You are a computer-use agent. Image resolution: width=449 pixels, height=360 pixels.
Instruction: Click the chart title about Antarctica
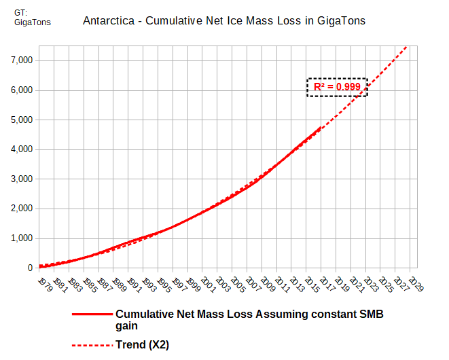click(224, 21)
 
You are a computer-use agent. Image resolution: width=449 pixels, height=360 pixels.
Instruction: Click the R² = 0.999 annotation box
click(337, 87)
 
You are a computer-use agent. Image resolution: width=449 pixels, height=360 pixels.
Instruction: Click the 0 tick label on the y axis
click(29, 268)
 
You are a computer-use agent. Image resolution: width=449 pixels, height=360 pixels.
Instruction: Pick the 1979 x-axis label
click(44, 284)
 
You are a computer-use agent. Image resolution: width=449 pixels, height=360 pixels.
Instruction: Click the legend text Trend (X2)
click(142, 345)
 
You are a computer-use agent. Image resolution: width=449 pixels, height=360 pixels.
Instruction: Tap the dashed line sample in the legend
click(91, 345)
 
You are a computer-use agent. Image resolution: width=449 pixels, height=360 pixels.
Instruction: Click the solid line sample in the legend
click(91, 315)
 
